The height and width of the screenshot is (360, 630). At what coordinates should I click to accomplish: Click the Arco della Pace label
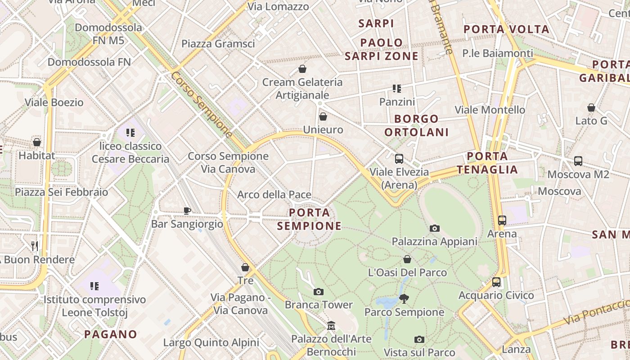pos(274,195)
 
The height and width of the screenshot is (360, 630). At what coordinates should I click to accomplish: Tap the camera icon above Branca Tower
pos(319,292)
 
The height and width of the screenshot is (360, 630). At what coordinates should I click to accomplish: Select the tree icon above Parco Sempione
pos(404,298)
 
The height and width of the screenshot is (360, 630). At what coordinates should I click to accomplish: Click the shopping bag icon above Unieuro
pos(323,117)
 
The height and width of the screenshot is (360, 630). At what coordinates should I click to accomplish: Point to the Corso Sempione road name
pos(201,104)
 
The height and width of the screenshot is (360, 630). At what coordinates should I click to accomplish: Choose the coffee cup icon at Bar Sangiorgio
pos(187,210)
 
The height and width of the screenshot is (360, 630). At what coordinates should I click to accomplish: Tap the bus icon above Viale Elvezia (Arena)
pos(399,158)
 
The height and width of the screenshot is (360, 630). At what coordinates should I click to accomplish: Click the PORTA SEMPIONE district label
pos(309,219)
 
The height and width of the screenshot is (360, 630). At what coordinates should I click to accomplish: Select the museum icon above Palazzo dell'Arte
pos(332,325)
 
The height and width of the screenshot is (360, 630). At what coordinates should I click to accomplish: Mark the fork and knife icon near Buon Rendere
pos(35,246)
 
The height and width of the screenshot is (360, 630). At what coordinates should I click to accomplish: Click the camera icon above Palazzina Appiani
pos(434,228)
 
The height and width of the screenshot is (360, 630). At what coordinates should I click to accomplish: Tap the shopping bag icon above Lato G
pos(591,108)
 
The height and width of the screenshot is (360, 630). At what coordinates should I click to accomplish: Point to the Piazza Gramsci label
pos(218,44)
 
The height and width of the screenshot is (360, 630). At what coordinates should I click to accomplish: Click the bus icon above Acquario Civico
pos(496,282)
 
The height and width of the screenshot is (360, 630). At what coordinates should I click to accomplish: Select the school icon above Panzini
pos(396,88)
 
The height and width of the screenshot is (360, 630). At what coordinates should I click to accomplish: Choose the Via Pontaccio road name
pos(596,311)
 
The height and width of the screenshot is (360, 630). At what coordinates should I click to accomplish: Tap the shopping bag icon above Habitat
pos(37,142)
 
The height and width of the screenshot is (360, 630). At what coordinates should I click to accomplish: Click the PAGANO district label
pos(111,334)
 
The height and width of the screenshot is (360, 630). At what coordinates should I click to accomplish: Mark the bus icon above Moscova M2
pos(578,161)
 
